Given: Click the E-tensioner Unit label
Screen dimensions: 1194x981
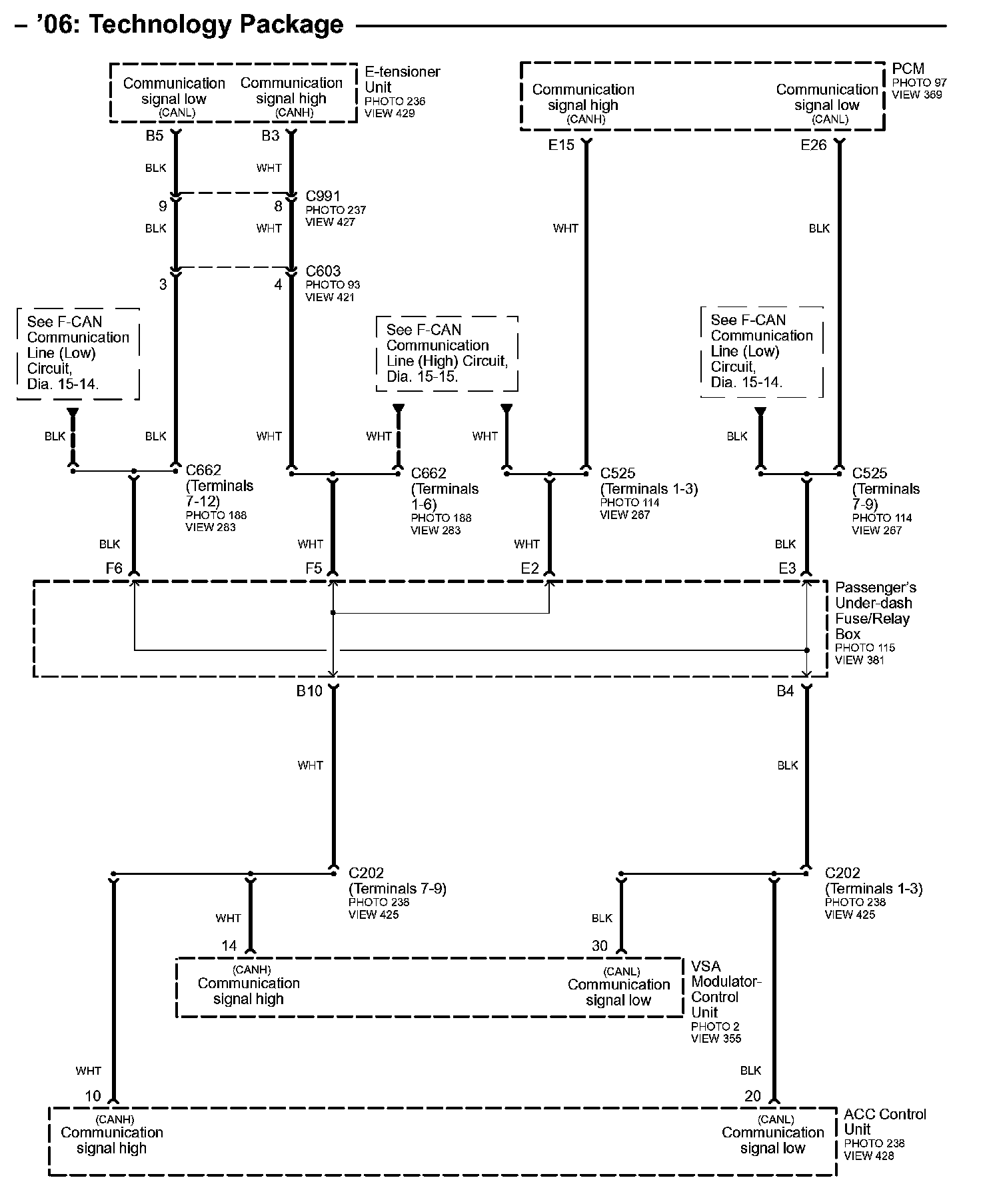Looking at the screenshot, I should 402,79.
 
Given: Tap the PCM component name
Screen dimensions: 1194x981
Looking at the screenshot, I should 908,69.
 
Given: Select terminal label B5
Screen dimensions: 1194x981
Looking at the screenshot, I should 155,137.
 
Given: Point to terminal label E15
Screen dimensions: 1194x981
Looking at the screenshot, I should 561,145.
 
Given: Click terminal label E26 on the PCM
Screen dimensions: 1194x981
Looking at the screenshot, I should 813,145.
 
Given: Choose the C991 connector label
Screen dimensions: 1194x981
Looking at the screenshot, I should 323,197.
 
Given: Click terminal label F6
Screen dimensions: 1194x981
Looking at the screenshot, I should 114,568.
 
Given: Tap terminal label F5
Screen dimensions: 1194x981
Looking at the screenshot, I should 313,568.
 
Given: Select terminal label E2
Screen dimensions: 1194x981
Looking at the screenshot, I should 530,568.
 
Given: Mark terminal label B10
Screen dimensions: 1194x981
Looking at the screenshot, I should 309,692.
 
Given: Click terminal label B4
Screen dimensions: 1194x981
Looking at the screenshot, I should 785,692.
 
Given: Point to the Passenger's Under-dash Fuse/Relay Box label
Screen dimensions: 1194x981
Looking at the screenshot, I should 875,611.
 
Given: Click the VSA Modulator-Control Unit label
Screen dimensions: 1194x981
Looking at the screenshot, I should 725,989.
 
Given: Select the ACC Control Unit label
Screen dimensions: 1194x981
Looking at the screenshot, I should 884,1122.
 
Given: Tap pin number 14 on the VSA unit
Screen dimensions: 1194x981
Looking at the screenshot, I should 229,946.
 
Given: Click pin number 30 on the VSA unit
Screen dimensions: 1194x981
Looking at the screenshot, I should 600,946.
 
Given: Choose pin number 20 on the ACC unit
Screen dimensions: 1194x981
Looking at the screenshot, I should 752,1096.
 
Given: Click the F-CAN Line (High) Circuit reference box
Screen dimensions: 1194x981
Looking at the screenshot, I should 447,353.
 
